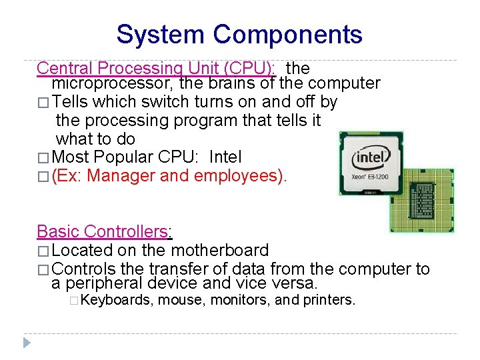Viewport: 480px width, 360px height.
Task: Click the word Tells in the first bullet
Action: tap(70, 102)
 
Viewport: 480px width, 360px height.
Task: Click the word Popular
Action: tap(122, 157)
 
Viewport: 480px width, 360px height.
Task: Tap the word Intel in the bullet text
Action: tap(225, 157)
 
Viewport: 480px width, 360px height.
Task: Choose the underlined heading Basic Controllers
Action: tap(103, 231)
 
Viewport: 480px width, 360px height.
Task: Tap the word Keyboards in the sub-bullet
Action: tap(116, 300)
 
